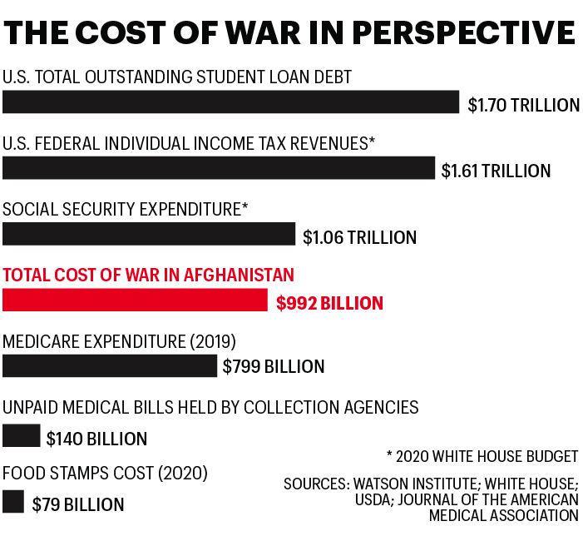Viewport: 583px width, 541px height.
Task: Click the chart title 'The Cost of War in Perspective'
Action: [x=289, y=32]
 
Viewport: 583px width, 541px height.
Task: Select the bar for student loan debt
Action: [x=230, y=102]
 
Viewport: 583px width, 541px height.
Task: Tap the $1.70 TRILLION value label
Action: [x=523, y=106]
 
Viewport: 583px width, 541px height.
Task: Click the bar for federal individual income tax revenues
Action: [x=219, y=167]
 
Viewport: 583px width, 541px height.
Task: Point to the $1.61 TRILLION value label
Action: [x=496, y=171]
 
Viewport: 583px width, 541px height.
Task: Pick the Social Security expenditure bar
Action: [x=149, y=234]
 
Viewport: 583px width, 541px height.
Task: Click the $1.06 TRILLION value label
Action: [x=359, y=238]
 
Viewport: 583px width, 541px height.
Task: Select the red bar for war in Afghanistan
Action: [x=135, y=300]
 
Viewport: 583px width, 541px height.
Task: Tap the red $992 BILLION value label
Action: [x=329, y=304]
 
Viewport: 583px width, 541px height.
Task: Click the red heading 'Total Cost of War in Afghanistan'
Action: [x=149, y=275]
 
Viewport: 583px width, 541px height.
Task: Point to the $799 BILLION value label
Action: [x=274, y=367]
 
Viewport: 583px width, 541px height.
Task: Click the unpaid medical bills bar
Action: [x=22, y=435]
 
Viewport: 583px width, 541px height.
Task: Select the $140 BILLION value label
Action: [x=96, y=439]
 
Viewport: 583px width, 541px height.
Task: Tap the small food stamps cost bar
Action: [x=13, y=502]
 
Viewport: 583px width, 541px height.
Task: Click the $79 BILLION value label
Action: [x=78, y=504]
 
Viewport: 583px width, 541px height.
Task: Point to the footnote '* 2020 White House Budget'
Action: [x=482, y=456]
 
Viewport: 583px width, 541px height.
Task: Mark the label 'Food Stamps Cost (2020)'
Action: [x=106, y=474]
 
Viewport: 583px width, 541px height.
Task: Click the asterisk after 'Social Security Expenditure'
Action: [x=245, y=206]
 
